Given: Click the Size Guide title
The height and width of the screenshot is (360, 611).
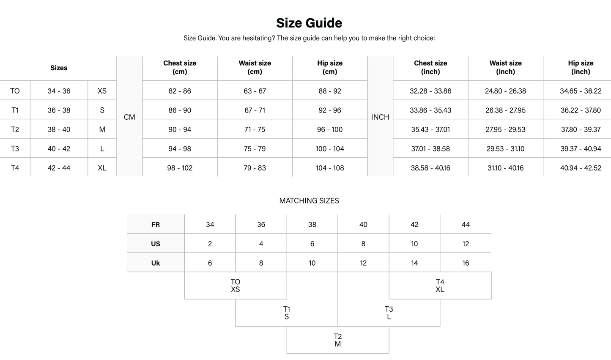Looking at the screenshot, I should pos(309,23).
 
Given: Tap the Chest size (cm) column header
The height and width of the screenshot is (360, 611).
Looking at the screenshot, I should pos(180,68).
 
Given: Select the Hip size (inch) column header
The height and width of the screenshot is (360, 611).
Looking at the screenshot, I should pos(581,68).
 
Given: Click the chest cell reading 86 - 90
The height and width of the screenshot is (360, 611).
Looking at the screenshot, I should pos(180,110).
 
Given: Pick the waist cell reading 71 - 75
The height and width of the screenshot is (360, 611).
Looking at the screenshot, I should pos(255,129).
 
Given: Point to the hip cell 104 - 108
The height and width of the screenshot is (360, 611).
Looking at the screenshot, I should pos(330,168).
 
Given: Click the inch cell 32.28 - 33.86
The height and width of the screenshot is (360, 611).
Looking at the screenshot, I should pos(430,91).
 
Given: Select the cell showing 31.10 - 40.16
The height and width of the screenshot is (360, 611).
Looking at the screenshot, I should pos(505,168).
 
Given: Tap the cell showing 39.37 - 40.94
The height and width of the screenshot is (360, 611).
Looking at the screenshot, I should pos(581,149).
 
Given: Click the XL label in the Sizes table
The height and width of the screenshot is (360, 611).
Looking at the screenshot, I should pos(102,168).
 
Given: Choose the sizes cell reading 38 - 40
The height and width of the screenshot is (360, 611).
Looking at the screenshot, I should pos(59,129).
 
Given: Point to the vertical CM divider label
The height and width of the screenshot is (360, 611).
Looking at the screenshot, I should pos(129,117).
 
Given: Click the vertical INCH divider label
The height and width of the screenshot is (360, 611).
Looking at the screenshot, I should pos(380,117).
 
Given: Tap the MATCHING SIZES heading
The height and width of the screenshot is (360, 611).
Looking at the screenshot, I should pos(309,201).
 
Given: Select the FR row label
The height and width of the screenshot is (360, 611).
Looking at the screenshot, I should pos(156,225).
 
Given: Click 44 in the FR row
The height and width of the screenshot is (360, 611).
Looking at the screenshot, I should pos(466,225).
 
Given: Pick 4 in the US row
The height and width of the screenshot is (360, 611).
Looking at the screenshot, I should pos(261,244).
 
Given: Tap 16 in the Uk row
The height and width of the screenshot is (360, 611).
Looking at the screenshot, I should pos(466,263).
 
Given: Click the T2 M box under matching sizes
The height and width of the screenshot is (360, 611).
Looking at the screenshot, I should pos(337,340).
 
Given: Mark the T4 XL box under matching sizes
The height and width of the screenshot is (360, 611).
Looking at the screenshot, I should pos(440,286).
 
